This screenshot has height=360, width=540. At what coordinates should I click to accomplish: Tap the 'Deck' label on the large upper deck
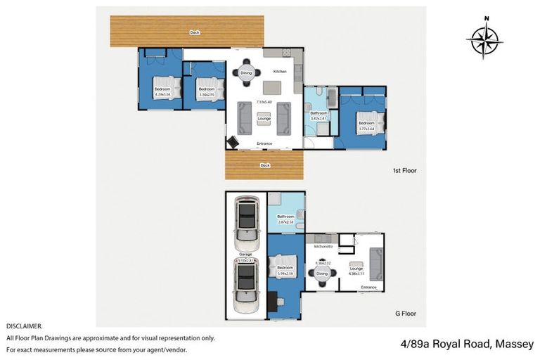(195, 32)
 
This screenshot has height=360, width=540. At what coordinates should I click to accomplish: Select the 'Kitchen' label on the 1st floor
(279, 72)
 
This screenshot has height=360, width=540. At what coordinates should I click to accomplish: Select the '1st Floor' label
(405, 170)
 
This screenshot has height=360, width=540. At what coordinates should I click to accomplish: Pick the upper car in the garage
(246, 219)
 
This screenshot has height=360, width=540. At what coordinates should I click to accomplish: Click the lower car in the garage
(246, 285)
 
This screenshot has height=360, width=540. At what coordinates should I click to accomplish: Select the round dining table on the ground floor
(321, 274)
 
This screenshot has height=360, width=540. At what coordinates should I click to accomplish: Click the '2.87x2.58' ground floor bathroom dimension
(285, 221)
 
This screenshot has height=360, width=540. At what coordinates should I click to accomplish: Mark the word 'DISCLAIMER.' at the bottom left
(25, 326)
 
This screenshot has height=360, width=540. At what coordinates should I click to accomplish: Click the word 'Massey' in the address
(515, 344)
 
